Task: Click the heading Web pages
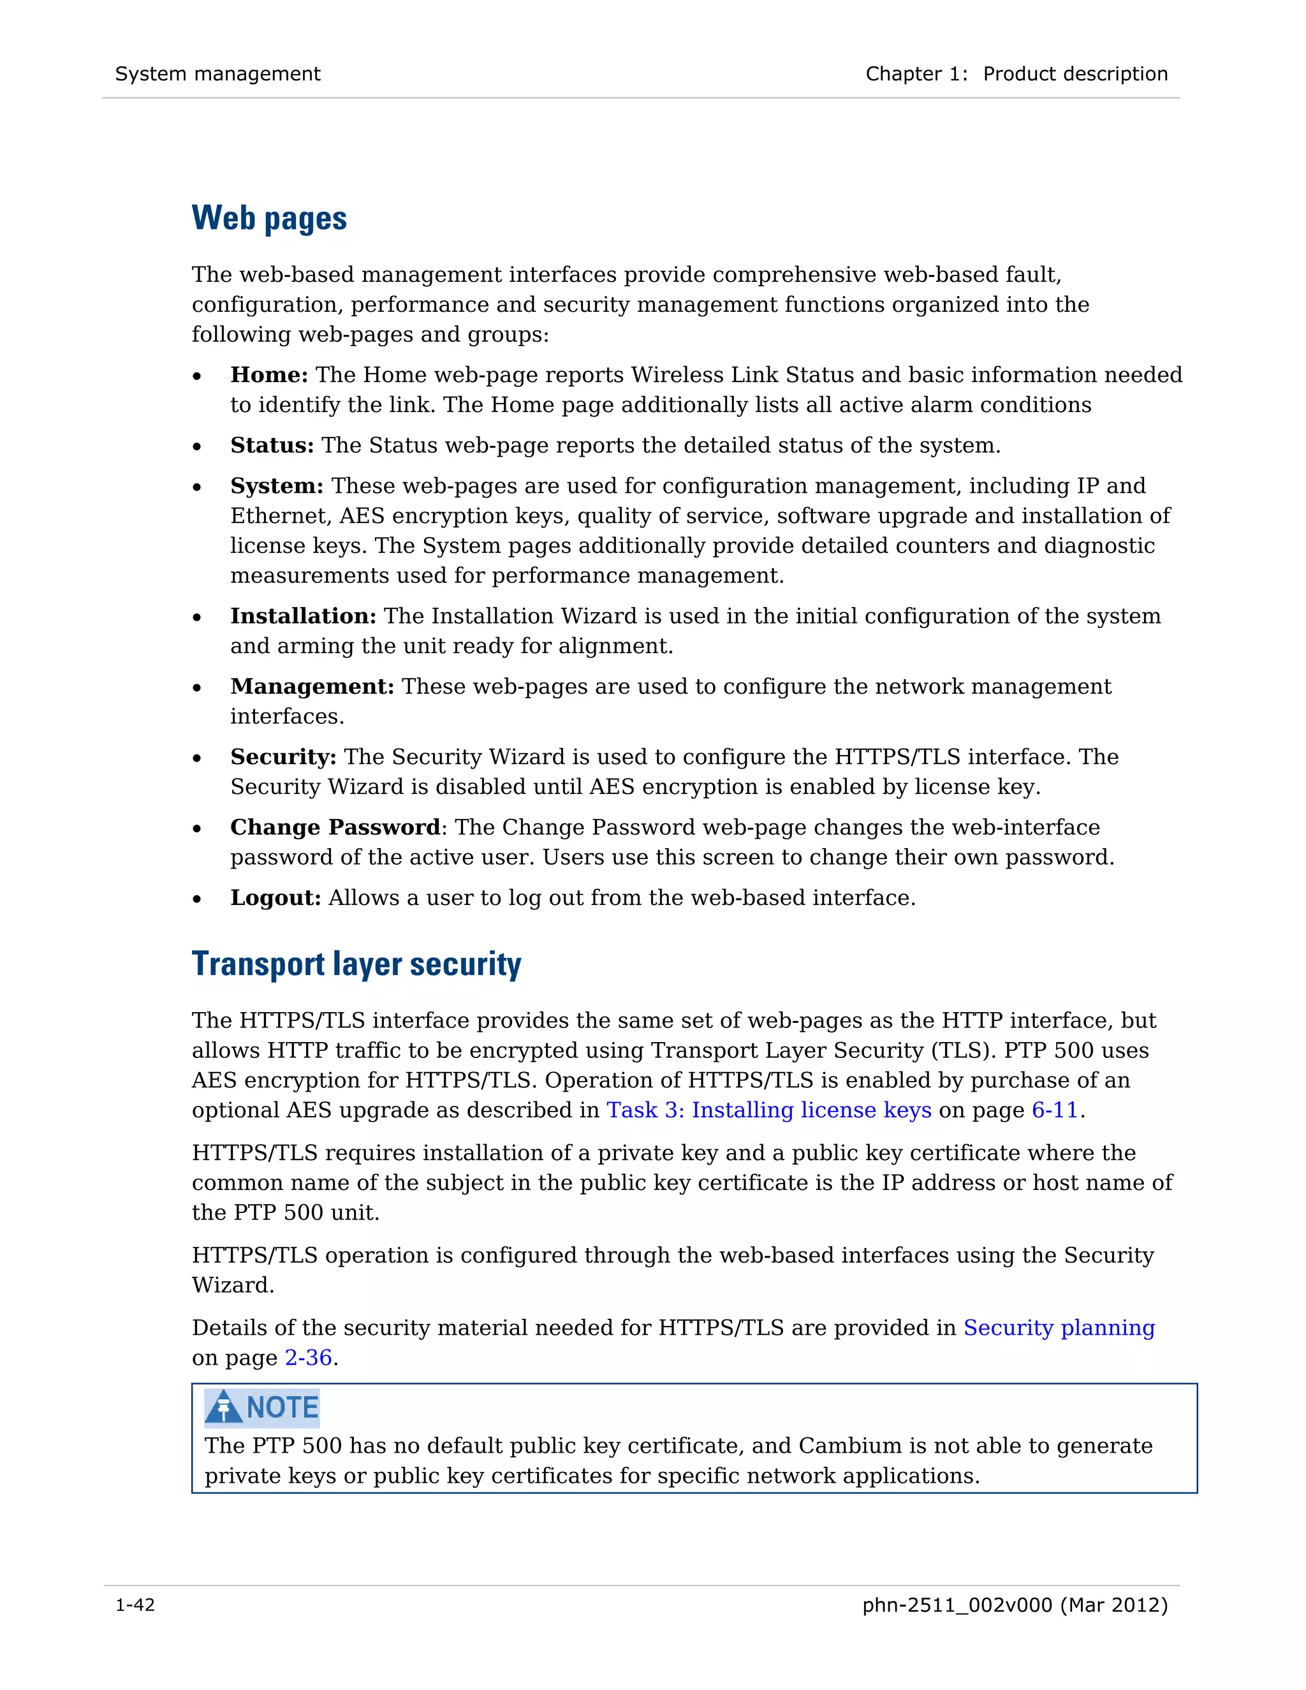click(x=268, y=218)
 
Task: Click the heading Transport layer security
click(x=356, y=964)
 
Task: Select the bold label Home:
click(x=268, y=375)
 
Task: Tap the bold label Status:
click(x=272, y=446)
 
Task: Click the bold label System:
click(x=276, y=486)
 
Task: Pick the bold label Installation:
click(x=302, y=617)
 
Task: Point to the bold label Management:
click(x=312, y=687)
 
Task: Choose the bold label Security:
click(x=282, y=758)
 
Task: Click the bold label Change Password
click(x=335, y=828)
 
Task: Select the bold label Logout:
click(x=275, y=899)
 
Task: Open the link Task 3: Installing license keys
click(x=768, y=1110)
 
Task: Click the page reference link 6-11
click(x=1055, y=1110)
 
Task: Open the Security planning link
click(x=1059, y=1328)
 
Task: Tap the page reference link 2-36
click(x=308, y=1358)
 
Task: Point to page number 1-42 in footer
click(x=135, y=1606)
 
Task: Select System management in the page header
click(x=217, y=74)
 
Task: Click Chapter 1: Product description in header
click(x=1016, y=74)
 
